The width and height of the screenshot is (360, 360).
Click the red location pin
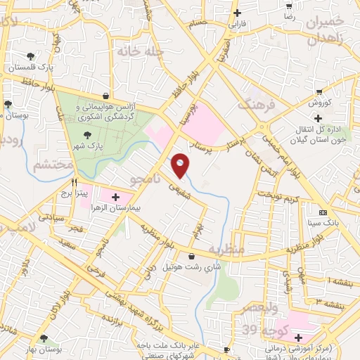point(180,166)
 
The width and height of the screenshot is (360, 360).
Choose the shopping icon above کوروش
point(320,91)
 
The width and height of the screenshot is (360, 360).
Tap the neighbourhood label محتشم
point(52,165)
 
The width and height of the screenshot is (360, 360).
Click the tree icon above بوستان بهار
point(44,338)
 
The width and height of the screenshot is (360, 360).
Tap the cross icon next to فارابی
point(238,13)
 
